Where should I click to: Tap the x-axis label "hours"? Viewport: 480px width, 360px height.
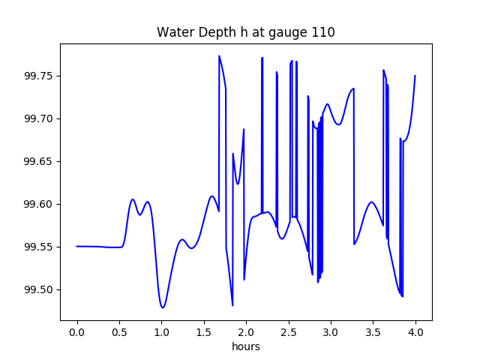[246, 347]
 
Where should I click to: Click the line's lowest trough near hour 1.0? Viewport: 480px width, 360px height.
[163, 307]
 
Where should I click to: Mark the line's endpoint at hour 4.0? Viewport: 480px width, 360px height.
[415, 76]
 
